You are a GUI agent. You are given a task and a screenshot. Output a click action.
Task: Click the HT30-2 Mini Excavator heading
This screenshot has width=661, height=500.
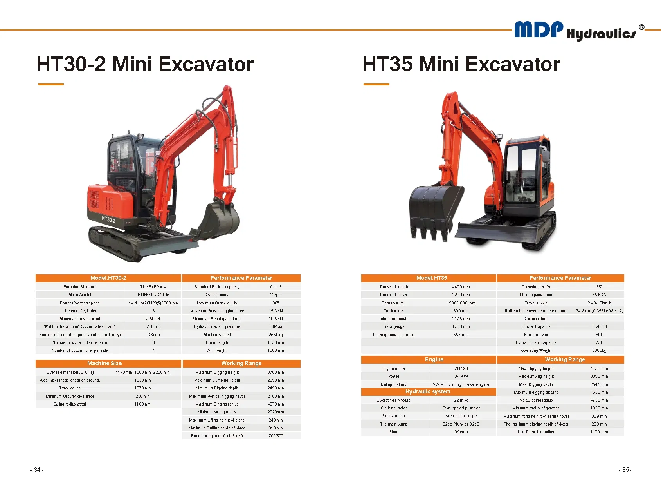(145, 64)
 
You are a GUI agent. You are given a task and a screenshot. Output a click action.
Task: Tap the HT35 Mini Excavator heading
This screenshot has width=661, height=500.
(461, 64)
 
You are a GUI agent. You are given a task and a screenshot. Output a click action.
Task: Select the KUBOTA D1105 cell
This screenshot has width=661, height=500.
(153, 295)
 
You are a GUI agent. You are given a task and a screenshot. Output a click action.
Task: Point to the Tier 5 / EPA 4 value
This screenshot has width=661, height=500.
(153, 287)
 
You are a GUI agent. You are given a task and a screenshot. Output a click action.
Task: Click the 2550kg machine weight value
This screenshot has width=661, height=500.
(276, 335)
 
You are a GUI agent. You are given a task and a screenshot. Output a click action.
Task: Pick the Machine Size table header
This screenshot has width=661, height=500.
(104, 363)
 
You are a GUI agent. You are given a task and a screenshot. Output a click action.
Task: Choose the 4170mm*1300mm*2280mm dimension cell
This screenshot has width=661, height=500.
(142, 372)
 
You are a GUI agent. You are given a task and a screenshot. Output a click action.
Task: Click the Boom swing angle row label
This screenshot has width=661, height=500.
(217, 436)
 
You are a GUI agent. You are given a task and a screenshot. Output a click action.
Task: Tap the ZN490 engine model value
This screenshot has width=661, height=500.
(461, 368)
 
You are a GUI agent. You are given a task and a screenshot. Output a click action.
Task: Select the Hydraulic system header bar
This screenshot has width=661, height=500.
(428, 391)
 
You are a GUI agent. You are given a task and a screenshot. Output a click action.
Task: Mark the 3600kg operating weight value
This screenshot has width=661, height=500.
(599, 350)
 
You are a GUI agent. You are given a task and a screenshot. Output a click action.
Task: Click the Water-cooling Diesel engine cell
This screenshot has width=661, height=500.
(461, 384)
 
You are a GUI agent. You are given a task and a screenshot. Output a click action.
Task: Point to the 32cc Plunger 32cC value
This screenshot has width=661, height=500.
(461, 424)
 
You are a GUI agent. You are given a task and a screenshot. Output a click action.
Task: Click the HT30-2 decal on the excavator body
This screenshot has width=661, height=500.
(108, 219)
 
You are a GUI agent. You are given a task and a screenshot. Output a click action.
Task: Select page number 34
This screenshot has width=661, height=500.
(37, 470)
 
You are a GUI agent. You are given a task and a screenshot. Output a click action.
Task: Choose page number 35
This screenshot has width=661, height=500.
(625, 470)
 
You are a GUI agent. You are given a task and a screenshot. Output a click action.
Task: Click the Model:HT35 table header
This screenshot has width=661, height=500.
(432, 278)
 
